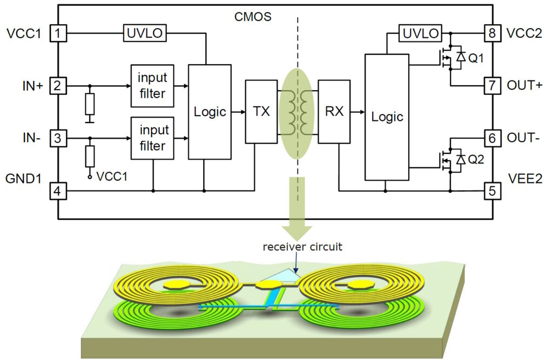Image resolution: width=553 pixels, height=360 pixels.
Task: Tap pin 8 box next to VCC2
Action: pyautogui.click(x=491, y=33)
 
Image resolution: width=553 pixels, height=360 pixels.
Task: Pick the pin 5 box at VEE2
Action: pyautogui.click(x=491, y=191)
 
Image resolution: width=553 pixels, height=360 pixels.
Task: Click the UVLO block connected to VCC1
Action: pyautogui.click(x=145, y=33)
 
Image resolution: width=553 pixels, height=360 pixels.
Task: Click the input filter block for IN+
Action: pyautogui.click(x=152, y=86)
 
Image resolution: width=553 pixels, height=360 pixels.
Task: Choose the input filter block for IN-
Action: pyautogui.click(x=152, y=138)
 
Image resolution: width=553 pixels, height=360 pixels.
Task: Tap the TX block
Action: pyautogui.click(x=261, y=112)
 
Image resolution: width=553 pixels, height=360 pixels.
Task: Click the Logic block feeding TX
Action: pyautogui.click(x=210, y=112)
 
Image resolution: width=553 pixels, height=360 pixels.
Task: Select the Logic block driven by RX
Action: pyautogui.click(x=387, y=117)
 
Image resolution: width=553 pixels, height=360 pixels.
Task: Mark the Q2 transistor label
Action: pyautogui.click(x=476, y=160)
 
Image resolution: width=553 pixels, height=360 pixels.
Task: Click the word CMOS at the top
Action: pyautogui.click(x=253, y=17)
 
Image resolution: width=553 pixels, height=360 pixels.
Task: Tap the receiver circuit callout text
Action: pyautogui.click(x=302, y=247)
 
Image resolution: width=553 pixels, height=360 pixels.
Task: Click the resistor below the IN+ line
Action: pyautogui.click(x=90, y=104)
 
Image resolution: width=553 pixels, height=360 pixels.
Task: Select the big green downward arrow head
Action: pyautogui.click(x=297, y=229)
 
